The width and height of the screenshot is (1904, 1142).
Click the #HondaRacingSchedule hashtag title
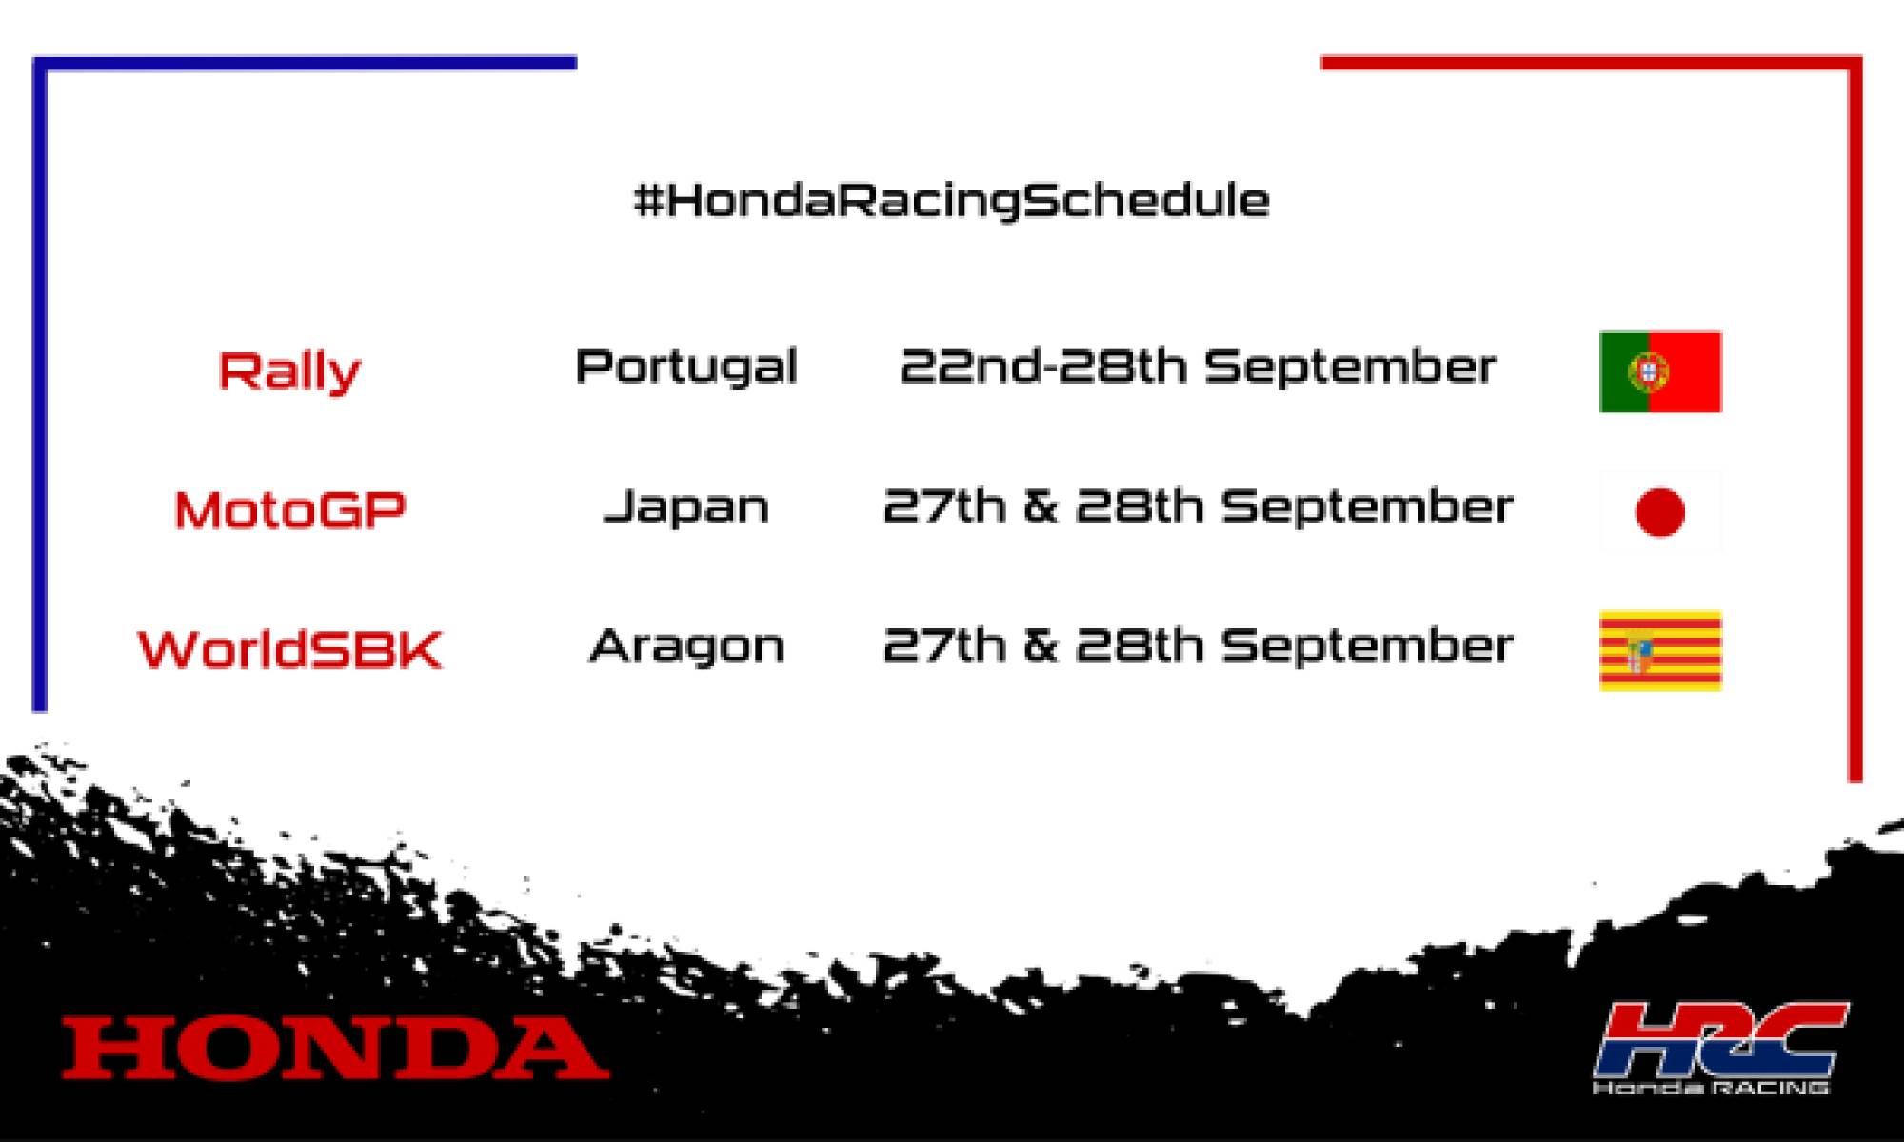(x=951, y=201)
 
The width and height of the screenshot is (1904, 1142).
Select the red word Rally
(x=289, y=370)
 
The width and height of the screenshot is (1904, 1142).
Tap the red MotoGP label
(x=289, y=510)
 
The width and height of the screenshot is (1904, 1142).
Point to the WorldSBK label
(x=289, y=649)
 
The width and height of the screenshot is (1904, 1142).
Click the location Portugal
(x=685, y=367)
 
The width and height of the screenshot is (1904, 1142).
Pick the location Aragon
(x=685, y=647)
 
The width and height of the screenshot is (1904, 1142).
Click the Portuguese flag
(x=1660, y=371)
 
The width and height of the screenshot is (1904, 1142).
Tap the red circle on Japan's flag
(x=1660, y=512)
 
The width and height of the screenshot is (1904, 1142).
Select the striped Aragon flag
(x=1660, y=650)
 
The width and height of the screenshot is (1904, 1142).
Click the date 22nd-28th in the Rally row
(x=1041, y=366)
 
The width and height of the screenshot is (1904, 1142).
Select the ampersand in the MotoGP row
(x=1041, y=506)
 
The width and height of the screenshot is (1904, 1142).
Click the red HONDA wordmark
(x=335, y=1048)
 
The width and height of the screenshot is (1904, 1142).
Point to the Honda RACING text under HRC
(x=1711, y=1087)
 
